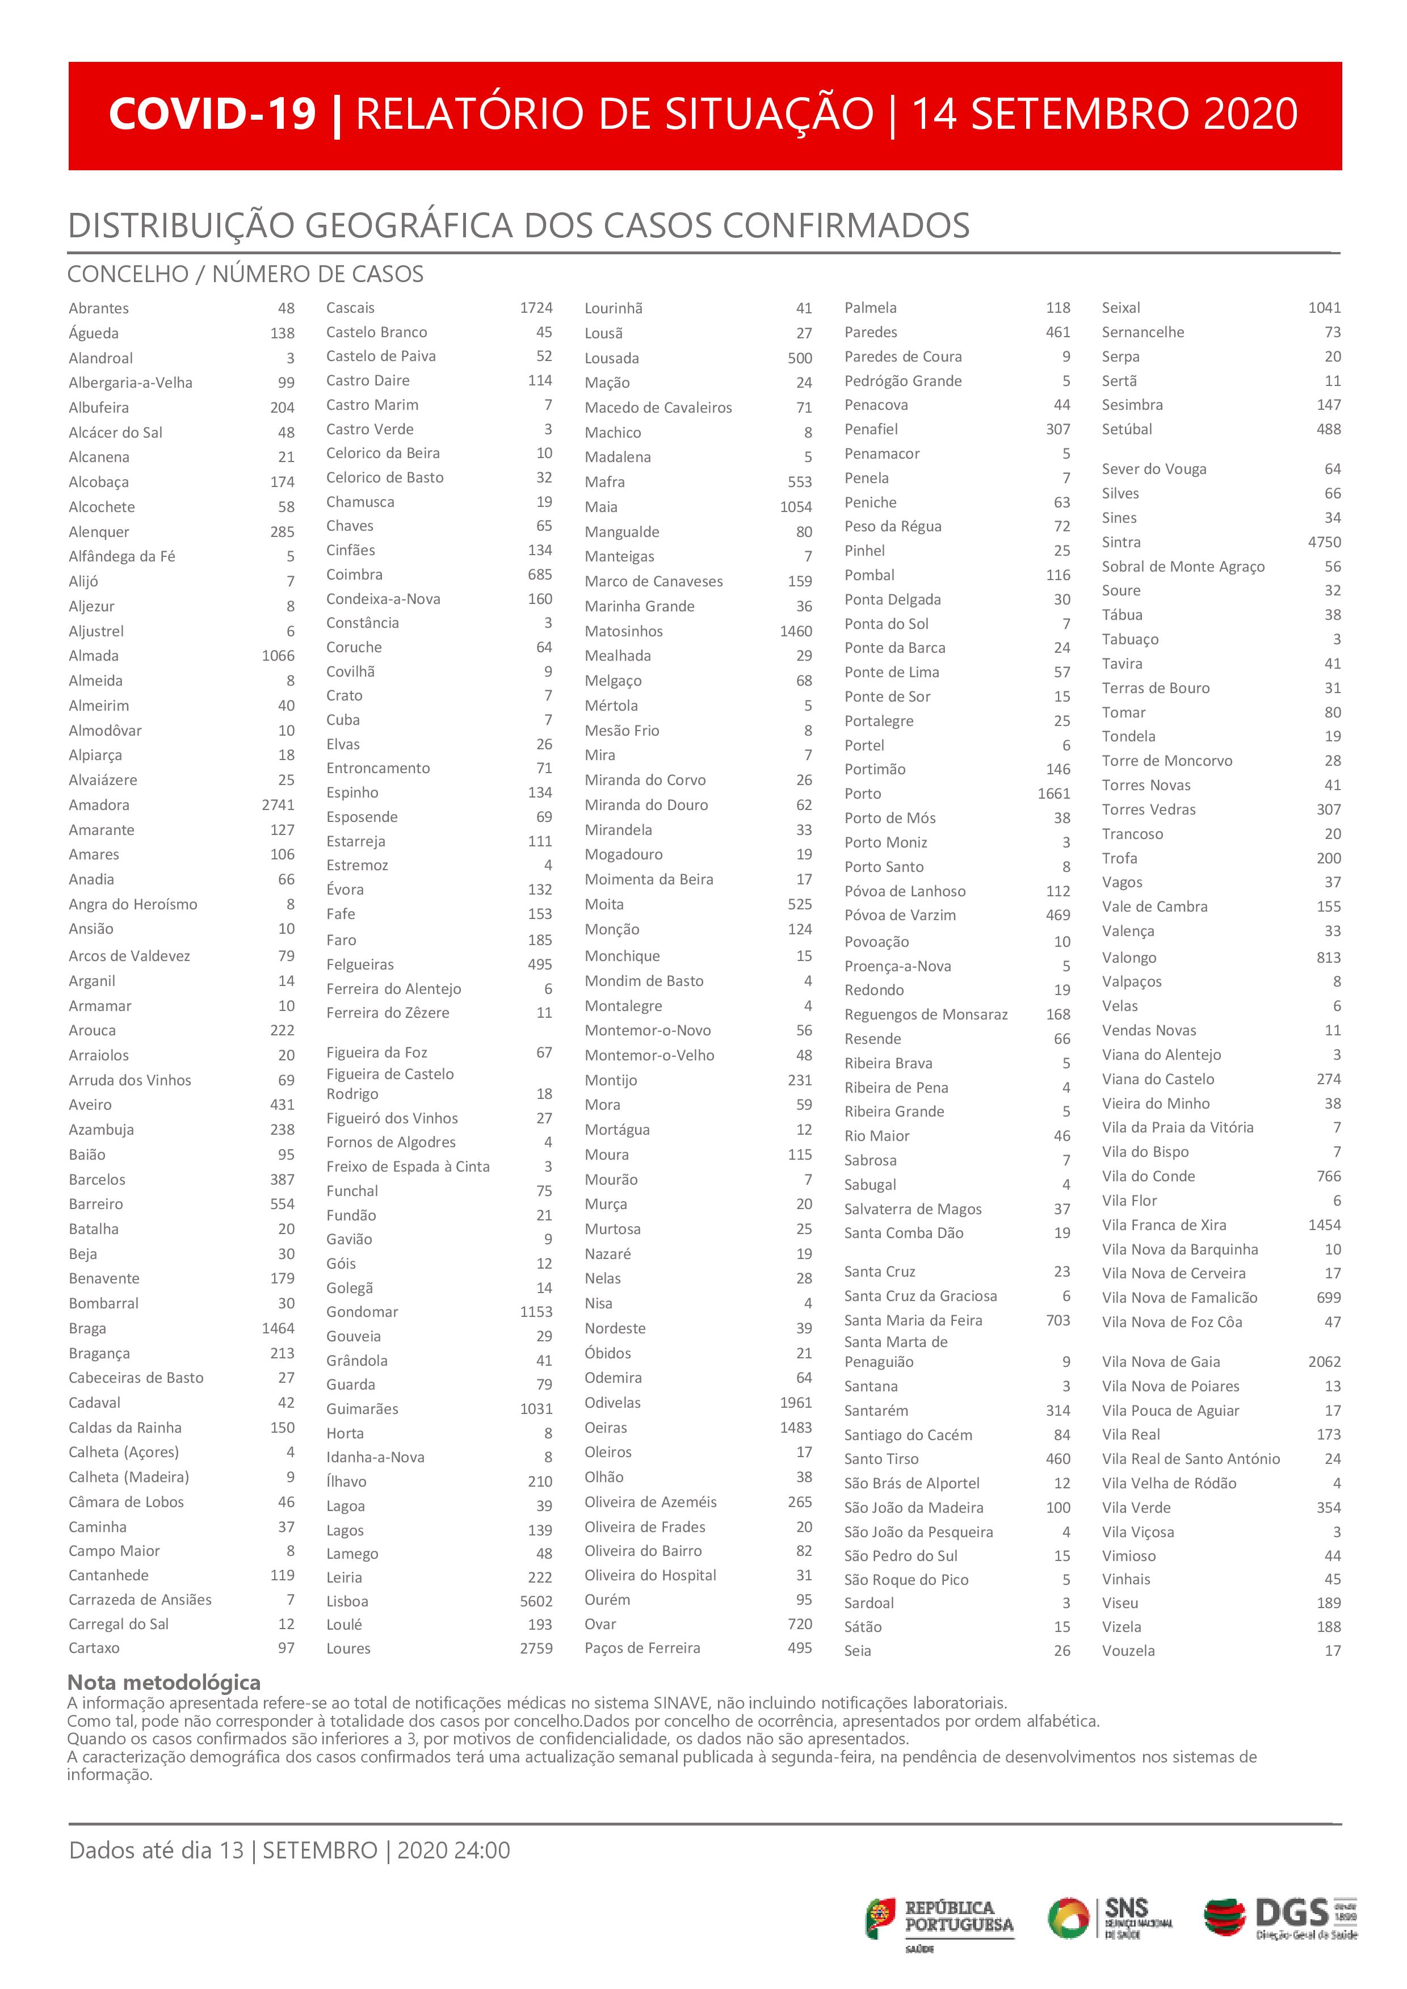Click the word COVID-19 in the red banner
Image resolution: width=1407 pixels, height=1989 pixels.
click(x=212, y=114)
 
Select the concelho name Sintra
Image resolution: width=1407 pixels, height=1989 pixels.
click(x=1121, y=542)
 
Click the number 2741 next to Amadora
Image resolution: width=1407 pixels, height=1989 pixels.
click(x=278, y=805)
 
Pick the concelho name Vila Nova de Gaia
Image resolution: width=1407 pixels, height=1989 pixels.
click(x=1160, y=1362)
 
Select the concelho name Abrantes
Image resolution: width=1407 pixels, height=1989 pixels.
click(x=99, y=308)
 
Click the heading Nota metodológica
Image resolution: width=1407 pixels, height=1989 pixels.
click(x=164, y=1682)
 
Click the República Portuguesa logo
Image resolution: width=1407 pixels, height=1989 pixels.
click(x=940, y=1919)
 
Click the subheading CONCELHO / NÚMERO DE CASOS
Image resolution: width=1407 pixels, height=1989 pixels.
click(x=245, y=275)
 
